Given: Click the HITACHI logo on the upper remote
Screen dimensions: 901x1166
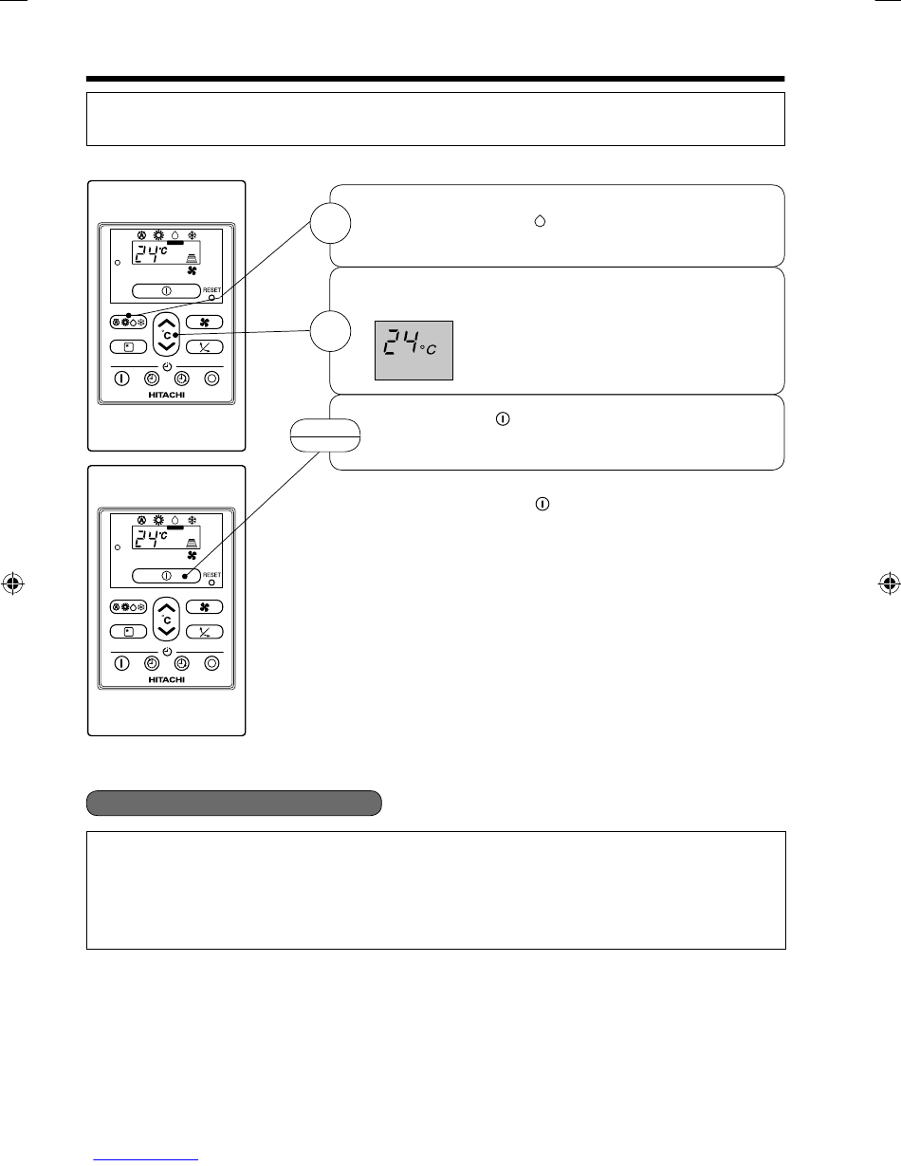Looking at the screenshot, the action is click(166, 395).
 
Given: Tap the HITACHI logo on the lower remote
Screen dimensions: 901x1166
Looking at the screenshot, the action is click(166, 680).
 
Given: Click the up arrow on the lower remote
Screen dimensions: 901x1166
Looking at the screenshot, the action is click(167, 608).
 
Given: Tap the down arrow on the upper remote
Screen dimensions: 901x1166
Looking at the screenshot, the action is click(167, 346).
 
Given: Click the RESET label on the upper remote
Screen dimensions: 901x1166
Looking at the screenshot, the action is click(211, 289).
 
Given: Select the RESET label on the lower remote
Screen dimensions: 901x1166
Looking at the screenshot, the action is click(211, 575).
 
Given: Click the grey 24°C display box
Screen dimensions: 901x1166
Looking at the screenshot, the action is click(414, 350).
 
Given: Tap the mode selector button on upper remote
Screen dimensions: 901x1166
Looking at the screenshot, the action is click(128, 323).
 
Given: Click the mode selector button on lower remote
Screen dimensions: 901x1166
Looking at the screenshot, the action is click(128, 607).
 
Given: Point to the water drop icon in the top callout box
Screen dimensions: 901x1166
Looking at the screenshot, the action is click(540, 220).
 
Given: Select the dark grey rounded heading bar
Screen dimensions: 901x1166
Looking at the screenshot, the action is click(234, 803).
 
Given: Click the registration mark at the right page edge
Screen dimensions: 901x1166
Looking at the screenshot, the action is click(889, 583).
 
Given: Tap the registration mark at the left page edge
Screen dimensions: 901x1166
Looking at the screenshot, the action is click(13, 583).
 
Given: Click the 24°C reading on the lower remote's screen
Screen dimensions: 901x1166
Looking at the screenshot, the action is click(151, 538).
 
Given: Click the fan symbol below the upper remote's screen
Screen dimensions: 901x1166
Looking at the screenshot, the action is click(192, 270).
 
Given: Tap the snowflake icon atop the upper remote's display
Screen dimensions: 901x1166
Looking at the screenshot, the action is click(192, 235).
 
